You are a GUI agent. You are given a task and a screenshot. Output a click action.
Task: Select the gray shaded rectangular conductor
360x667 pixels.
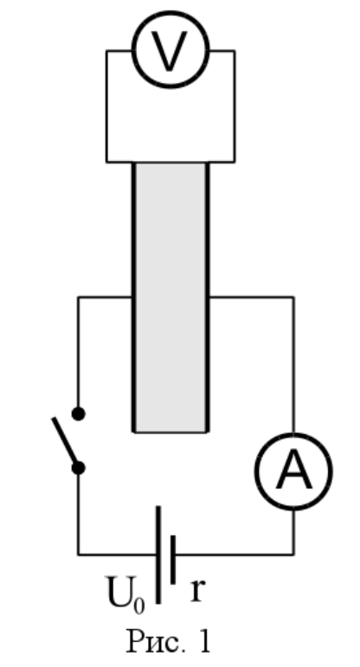tap(170, 297)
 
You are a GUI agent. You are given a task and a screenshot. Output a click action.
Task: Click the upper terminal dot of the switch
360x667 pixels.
tap(78, 414)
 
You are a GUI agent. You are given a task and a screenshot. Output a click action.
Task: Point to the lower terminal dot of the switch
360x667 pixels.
tap(78, 468)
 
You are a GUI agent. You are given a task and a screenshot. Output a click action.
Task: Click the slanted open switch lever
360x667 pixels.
tap(65, 441)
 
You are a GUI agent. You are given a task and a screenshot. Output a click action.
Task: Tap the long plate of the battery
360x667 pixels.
tap(158, 555)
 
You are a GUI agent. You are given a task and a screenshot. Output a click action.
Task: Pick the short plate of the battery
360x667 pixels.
tap(173, 560)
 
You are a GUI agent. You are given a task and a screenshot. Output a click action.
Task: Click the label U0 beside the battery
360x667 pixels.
tap(125, 594)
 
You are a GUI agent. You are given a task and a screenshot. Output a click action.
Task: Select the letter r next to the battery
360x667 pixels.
tap(198, 590)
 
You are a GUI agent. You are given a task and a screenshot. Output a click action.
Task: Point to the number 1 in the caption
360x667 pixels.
tap(204, 641)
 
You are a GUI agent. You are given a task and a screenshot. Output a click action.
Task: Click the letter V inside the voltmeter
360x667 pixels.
tap(170, 51)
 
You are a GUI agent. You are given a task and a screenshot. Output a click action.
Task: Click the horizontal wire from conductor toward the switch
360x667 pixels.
tap(105, 297)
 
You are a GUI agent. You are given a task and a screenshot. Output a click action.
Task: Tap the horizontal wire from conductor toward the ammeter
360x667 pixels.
tap(251, 297)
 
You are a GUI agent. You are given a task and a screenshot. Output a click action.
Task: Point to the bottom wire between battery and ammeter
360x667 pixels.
tap(234, 555)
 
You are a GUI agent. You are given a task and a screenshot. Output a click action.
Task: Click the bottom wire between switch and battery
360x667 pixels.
tap(117, 555)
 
